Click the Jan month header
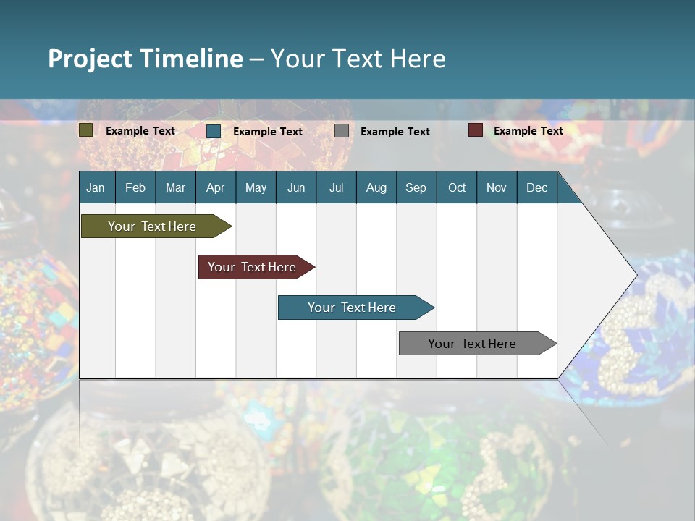coord(96,187)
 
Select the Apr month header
coord(215,187)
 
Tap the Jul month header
coord(336,187)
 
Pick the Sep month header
coord(416,187)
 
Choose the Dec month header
coord(536,187)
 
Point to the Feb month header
coord(135,187)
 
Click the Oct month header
coord(457,187)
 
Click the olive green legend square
coord(86,130)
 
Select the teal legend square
coord(214,131)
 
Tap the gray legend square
coord(342,131)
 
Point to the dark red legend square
coord(475,130)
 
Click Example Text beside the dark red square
coord(528,131)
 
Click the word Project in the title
coord(90,59)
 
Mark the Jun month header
coord(296,187)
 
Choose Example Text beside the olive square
coord(140,131)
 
